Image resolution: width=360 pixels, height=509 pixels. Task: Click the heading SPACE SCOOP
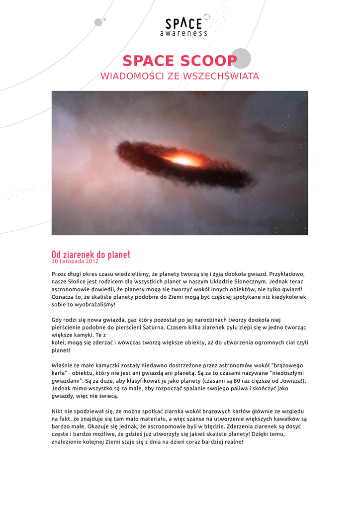pos(180,61)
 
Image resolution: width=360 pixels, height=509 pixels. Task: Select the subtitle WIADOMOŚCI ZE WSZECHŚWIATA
pos(180,76)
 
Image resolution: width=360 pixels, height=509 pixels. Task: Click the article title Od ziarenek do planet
pos(91,254)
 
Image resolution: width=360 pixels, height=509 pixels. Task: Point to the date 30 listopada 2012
pos(75,261)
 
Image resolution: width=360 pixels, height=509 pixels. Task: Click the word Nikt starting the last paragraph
pos(59,411)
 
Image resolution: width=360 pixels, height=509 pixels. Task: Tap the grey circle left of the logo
pos(98,22)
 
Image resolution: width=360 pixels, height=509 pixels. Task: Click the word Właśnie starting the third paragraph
pos(64,365)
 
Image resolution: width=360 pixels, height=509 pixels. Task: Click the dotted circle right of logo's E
pos(207,16)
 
